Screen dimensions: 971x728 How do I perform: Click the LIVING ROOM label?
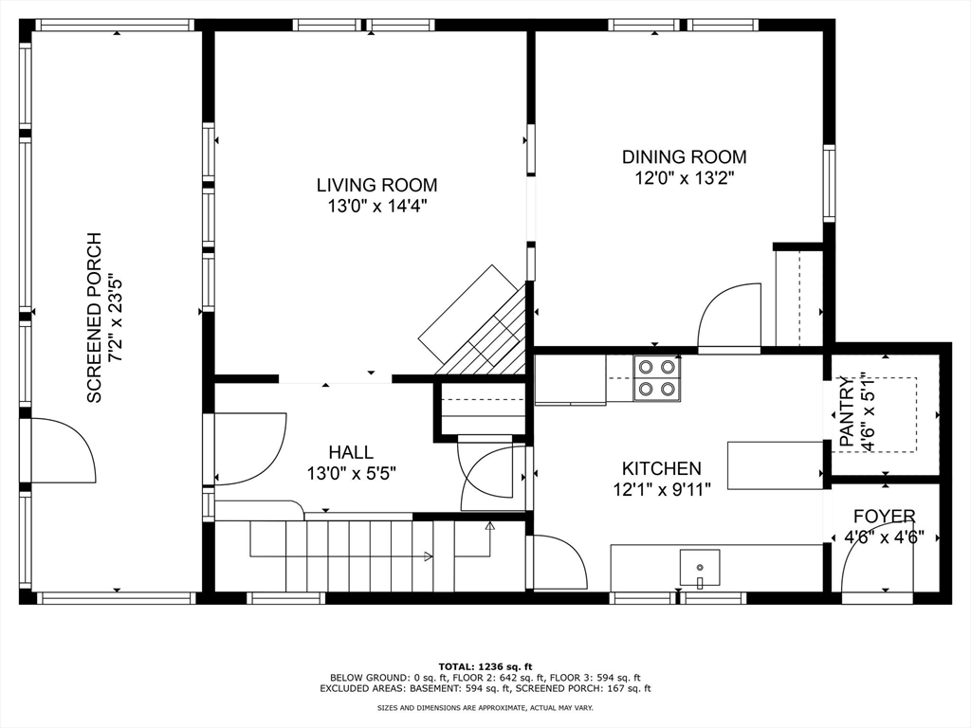[376, 185]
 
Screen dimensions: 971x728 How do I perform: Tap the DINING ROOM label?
[685, 156]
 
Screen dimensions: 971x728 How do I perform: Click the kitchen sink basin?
[700, 567]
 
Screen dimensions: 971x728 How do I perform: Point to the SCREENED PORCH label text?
[94, 318]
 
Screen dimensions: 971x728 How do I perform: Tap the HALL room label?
[351, 452]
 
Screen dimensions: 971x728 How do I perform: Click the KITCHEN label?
[661, 468]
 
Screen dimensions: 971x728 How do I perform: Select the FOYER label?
[885, 517]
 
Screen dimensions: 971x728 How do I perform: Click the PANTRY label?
[847, 411]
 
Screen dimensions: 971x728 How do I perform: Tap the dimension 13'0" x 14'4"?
[377, 206]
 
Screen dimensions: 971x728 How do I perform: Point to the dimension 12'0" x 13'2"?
[685, 178]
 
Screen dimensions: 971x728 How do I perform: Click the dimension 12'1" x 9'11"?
[661, 490]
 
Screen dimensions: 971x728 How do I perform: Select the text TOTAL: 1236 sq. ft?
[485, 666]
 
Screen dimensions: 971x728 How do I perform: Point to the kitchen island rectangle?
[775, 465]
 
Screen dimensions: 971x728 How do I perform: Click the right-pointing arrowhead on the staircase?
[428, 555]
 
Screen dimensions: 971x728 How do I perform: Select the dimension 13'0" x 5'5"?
[351, 474]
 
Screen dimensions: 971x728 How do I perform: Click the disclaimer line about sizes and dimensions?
[485, 707]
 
